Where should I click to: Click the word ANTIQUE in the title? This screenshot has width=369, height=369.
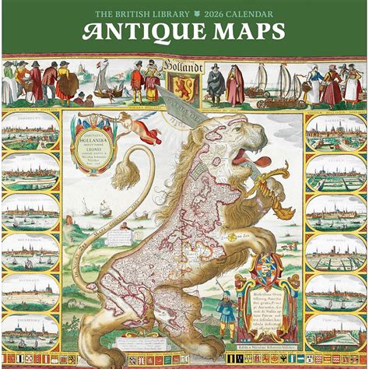point(142,33)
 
